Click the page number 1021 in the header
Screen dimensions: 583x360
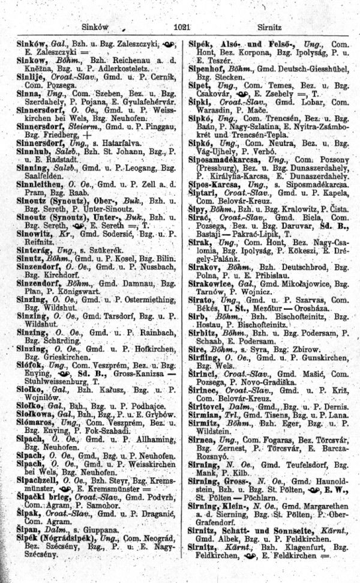(x=181, y=27)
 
